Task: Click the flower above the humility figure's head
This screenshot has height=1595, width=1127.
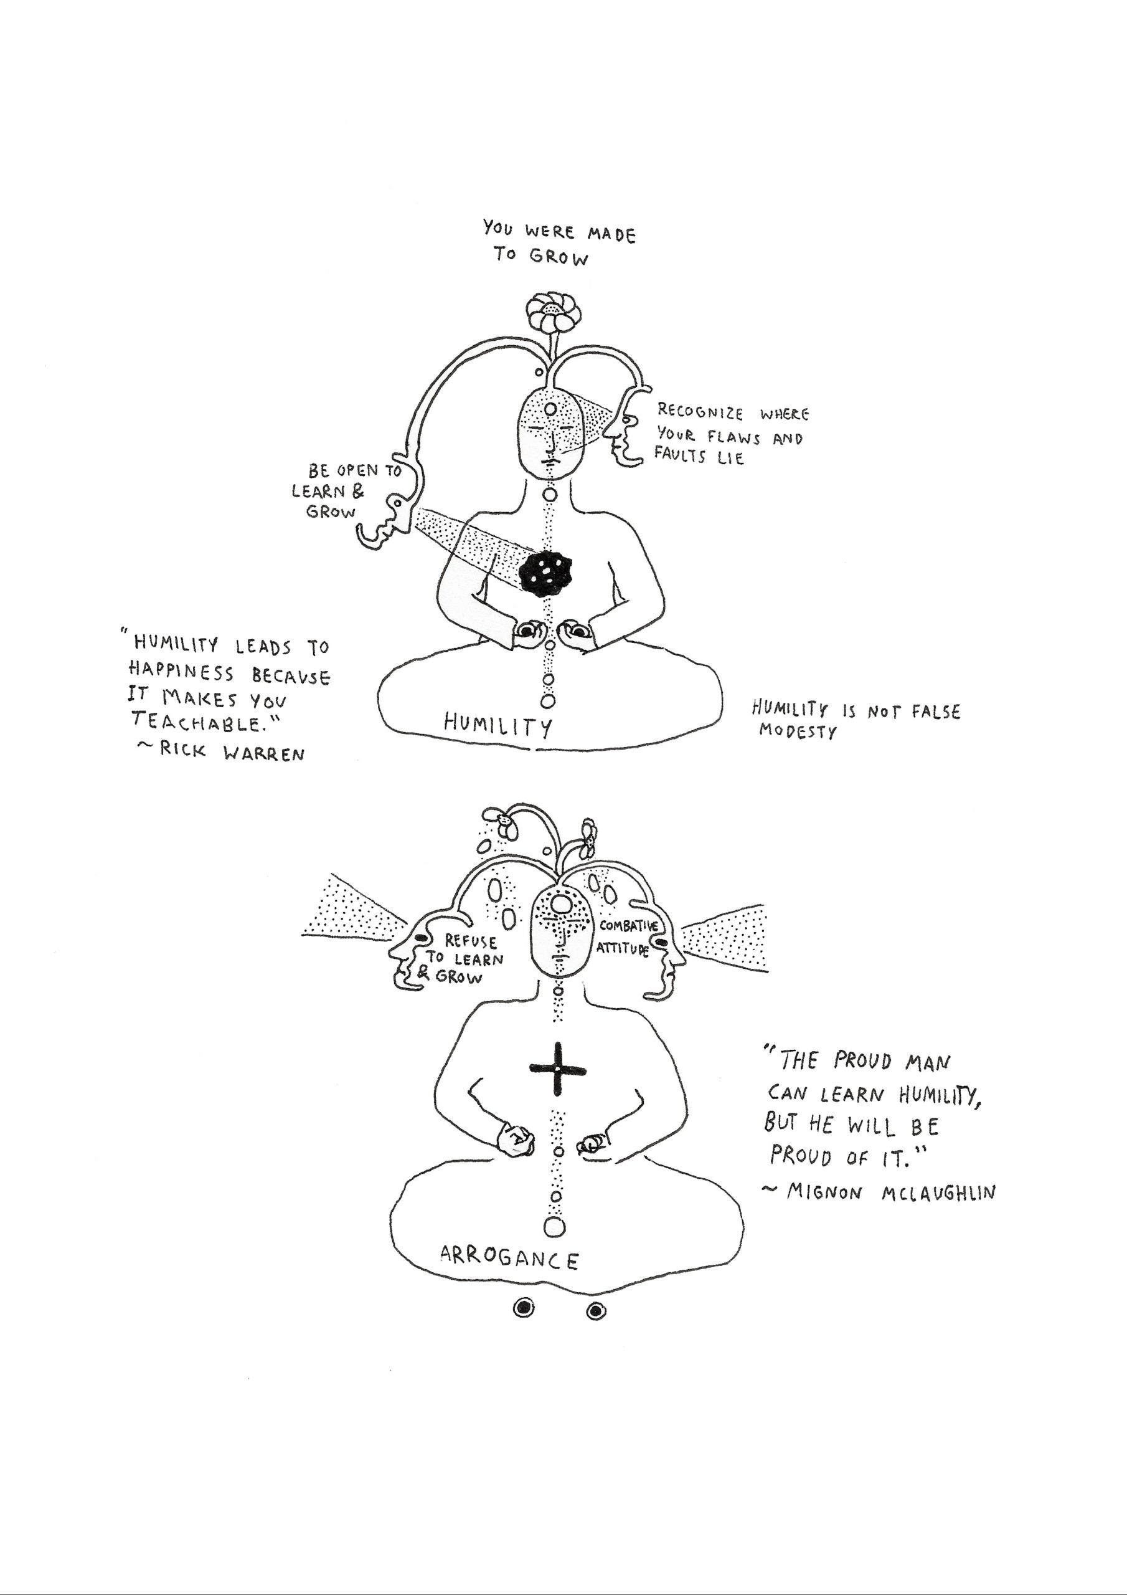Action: pyautogui.click(x=553, y=313)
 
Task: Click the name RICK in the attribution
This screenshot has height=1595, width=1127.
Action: pyautogui.click(x=182, y=749)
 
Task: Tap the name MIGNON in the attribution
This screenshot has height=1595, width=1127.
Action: pyautogui.click(x=824, y=1192)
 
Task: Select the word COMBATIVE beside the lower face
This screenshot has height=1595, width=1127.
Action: pyautogui.click(x=628, y=925)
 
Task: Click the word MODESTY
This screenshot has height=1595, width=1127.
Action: pyautogui.click(x=798, y=731)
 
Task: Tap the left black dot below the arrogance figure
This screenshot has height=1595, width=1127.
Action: pyautogui.click(x=524, y=1309)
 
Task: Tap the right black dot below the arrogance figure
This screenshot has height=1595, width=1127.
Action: pyautogui.click(x=596, y=1311)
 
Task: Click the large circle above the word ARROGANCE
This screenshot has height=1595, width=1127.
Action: pyautogui.click(x=554, y=1227)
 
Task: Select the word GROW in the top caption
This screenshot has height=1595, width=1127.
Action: pyautogui.click(x=559, y=257)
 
